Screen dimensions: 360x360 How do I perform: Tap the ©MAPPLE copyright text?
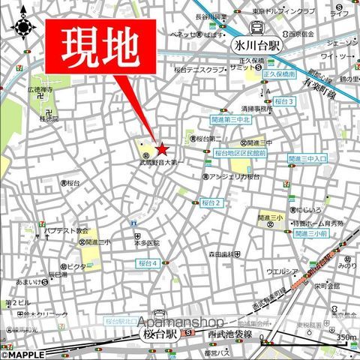pos(22,354)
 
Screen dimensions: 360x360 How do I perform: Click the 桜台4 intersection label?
pos(148,263)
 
